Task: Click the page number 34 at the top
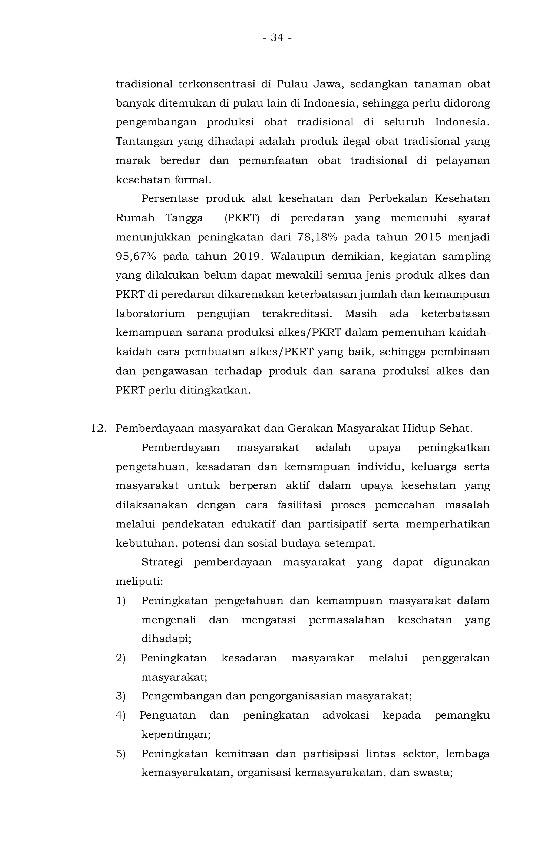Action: point(277,37)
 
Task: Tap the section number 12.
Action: point(99,428)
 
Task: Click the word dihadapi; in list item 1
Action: point(166,639)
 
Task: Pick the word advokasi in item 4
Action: point(345,715)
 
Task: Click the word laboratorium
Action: point(150,314)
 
